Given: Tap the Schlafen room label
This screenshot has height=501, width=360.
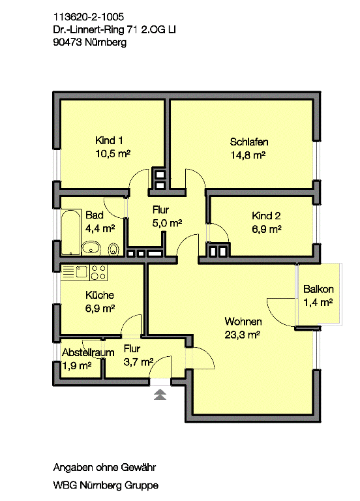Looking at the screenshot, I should click(x=248, y=142).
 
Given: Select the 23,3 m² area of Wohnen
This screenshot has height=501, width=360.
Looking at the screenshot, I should click(x=243, y=335).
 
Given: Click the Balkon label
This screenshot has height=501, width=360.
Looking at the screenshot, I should click(x=318, y=289).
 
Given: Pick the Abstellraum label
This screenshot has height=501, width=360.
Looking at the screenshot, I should click(x=88, y=352).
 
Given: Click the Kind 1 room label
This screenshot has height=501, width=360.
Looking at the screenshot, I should click(x=108, y=141).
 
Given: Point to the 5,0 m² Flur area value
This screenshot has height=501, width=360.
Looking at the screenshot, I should click(x=167, y=222).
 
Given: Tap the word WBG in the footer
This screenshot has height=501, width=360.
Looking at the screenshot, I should click(x=65, y=485).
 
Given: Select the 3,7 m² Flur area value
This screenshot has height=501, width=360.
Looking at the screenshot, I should click(x=138, y=361).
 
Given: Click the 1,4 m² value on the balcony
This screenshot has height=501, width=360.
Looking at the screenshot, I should click(x=318, y=302).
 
